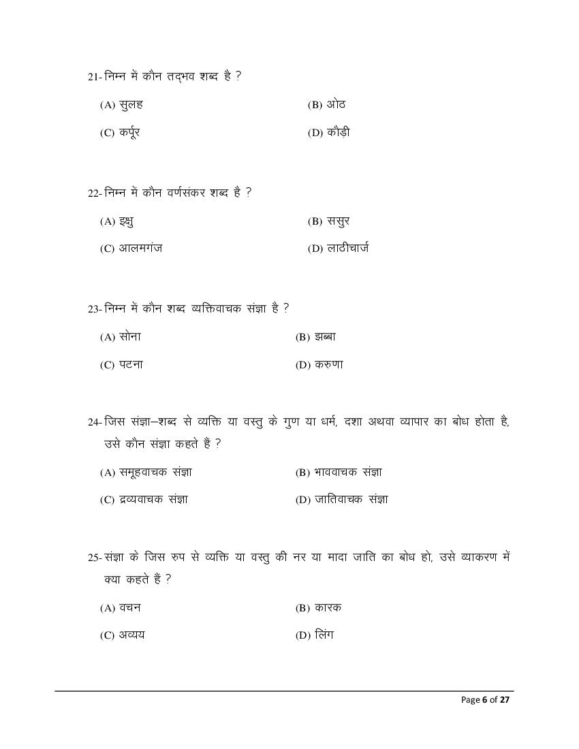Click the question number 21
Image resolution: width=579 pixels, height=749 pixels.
[94, 77]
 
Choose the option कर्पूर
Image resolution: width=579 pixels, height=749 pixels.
[129, 133]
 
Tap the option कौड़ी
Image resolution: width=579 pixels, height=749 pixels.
[339, 133]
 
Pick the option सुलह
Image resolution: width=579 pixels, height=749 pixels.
[130, 105]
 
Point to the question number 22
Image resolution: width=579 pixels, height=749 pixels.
[94, 193]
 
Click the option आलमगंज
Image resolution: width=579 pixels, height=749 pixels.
[140, 249]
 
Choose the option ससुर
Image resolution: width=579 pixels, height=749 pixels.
[338, 221]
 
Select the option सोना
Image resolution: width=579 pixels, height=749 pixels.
[129, 337]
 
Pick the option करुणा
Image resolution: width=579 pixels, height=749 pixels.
[329, 365]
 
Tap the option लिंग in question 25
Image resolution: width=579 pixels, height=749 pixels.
[324, 636]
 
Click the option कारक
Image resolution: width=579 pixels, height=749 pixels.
[328, 608]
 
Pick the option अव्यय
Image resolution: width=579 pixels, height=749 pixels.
[131, 636]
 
